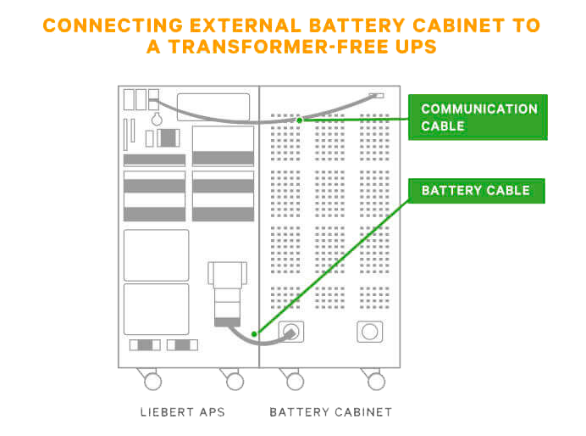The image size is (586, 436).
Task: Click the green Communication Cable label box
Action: [x=478, y=117]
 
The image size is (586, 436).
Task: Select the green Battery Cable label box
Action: [x=477, y=191]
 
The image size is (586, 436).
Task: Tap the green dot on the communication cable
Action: [x=300, y=120]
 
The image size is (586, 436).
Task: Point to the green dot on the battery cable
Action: [x=254, y=334]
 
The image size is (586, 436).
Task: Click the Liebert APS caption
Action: [x=183, y=412]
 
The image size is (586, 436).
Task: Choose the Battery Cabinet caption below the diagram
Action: [x=331, y=412]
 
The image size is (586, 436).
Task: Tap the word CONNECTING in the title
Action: [x=113, y=25]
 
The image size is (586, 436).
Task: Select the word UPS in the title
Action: [x=416, y=47]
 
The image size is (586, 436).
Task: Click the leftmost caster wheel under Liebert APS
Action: [x=152, y=382]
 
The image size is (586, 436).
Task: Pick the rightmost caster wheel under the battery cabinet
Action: [x=376, y=382]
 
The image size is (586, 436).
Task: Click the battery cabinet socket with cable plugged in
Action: [x=291, y=332]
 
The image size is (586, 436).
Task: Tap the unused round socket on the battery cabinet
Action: [x=369, y=332]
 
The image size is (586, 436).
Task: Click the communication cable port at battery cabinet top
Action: [x=376, y=96]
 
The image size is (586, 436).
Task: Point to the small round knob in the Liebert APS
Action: [x=157, y=120]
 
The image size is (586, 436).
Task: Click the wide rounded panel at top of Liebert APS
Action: [x=213, y=107]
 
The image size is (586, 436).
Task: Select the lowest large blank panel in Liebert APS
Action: [x=156, y=309]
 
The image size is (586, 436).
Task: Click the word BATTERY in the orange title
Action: [x=357, y=25]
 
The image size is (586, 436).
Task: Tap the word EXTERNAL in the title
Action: [x=246, y=25]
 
